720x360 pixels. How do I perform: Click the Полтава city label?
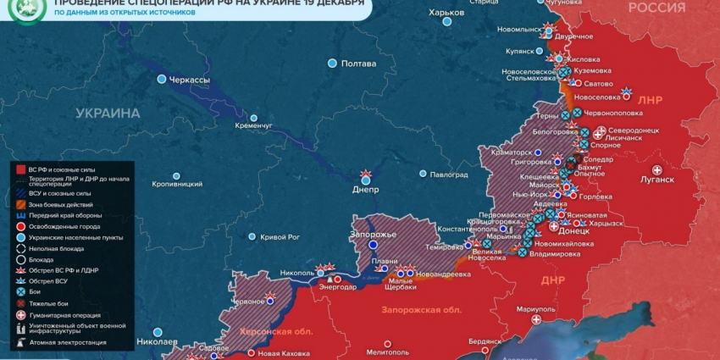coord(358,64)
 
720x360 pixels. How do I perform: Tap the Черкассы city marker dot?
coord(162,79)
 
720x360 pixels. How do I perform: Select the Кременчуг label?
coord(254,126)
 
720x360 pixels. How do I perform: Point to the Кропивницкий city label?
coord(176,184)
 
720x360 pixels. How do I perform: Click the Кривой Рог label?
coord(280,237)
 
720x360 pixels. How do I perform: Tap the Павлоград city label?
coord(449,174)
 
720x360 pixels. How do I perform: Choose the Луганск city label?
coord(657,180)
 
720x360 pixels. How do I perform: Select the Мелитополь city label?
coord(389,352)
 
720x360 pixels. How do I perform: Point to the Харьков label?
coord(446,13)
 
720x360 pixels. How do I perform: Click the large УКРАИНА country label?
coord(108,113)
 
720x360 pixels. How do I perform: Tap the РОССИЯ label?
coord(656,8)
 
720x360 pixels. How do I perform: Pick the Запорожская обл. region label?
coord(422,310)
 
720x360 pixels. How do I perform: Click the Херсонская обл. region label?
coord(276,331)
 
